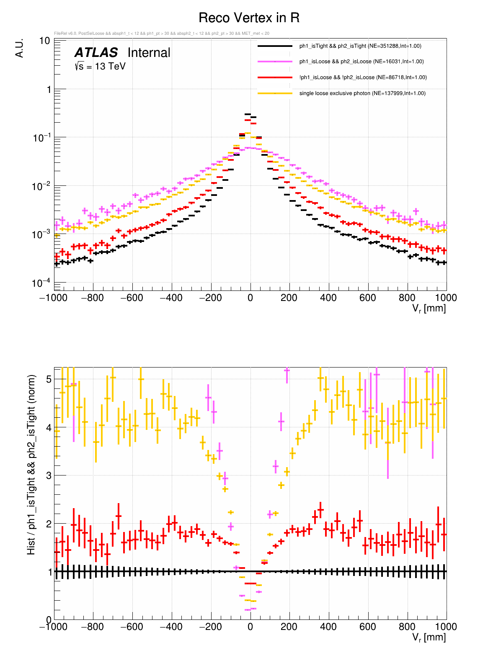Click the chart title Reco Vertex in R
tap(249, 18)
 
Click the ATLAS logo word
tap(96, 53)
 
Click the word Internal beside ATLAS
tap(149, 53)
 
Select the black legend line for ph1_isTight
tap(275, 46)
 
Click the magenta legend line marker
tap(275, 62)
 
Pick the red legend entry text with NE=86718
tap(363, 77)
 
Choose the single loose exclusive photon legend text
tap(362, 93)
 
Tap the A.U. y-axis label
tap(19, 48)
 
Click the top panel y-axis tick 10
tap(45, 41)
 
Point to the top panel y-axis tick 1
tap(49, 90)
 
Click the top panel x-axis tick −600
tap(132, 298)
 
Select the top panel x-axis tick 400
tap(328, 298)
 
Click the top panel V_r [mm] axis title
tap(429, 309)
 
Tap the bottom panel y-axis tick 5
tap(49, 379)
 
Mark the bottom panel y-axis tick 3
tap(49, 476)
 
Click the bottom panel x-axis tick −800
tap(93, 627)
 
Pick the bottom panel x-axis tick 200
tap(289, 627)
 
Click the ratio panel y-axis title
tap(31, 465)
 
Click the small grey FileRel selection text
tap(162, 33)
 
